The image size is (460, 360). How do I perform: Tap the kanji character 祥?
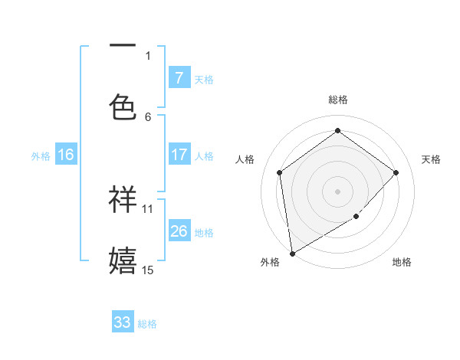pyautogui.click(x=123, y=199)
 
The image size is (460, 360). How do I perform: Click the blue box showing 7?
pyautogui.click(x=179, y=78)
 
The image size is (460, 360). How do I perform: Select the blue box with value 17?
pyautogui.click(x=179, y=155)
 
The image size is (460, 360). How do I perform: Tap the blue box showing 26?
pyautogui.click(x=179, y=231)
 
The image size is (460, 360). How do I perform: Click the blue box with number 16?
pyautogui.click(x=66, y=155)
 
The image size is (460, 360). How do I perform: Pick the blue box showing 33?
pyautogui.click(x=123, y=322)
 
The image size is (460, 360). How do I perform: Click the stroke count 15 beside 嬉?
pyautogui.click(x=148, y=270)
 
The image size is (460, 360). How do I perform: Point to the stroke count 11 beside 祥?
pyautogui.click(x=148, y=208)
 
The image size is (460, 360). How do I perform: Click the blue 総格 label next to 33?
pyautogui.click(x=147, y=324)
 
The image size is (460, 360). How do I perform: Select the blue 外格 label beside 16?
pyautogui.click(x=41, y=156)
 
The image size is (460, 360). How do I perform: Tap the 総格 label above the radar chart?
pyautogui.click(x=337, y=100)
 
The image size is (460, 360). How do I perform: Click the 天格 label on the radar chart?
pyautogui.click(x=431, y=159)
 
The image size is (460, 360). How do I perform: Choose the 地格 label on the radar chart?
pyautogui.click(x=402, y=262)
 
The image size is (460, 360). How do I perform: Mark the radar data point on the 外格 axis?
pyautogui.click(x=291, y=253)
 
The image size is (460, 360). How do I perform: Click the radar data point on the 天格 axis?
pyautogui.click(x=396, y=172)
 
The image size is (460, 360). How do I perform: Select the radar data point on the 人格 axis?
pyautogui.click(x=280, y=172)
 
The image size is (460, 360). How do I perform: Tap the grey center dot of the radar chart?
pyautogui.click(x=337, y=191)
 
